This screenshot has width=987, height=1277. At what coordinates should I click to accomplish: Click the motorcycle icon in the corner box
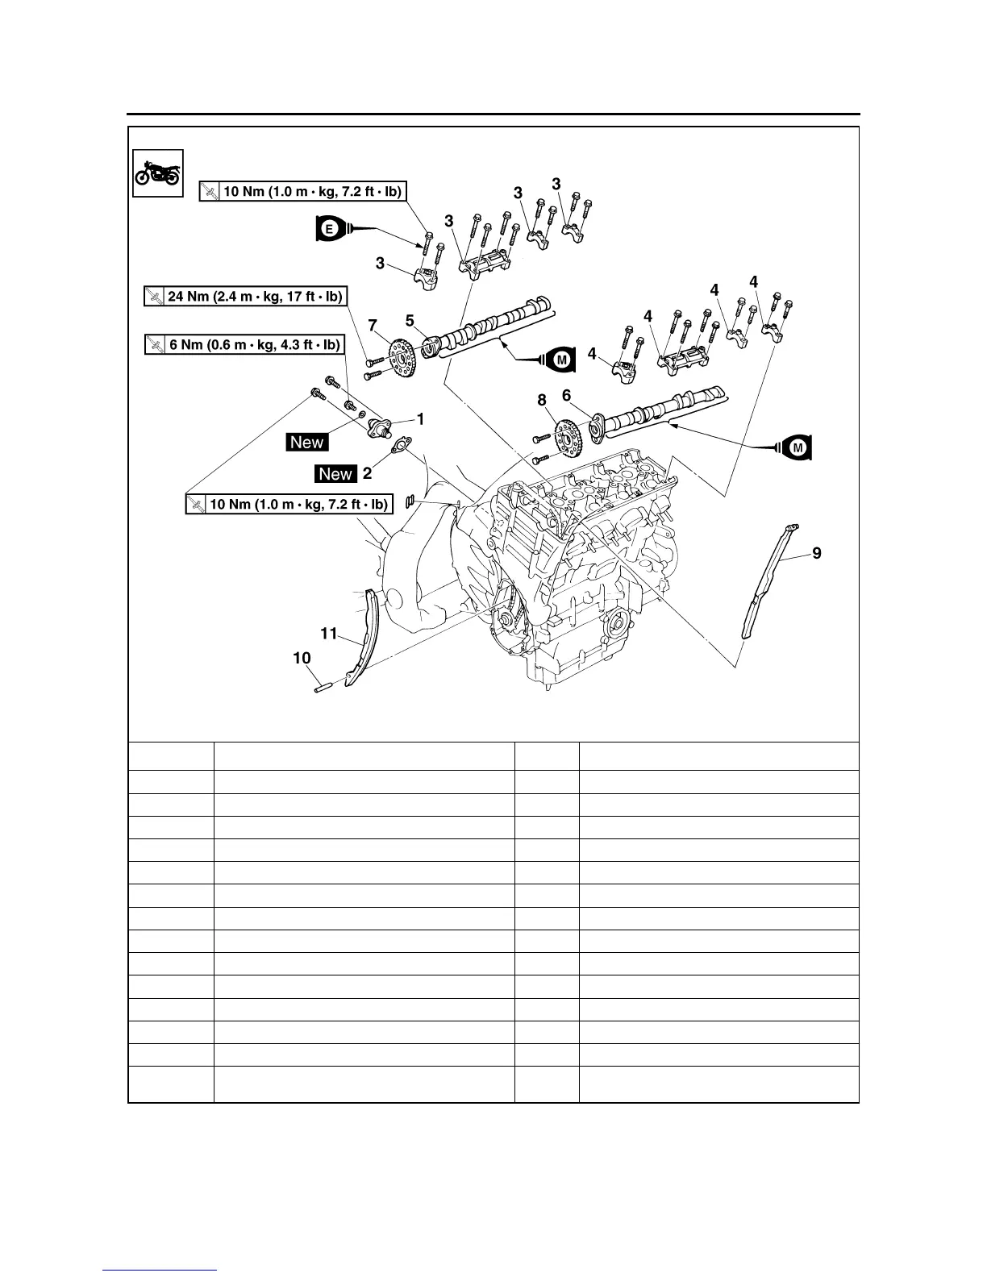158,173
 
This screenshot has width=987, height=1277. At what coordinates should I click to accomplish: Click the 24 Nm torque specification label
246,297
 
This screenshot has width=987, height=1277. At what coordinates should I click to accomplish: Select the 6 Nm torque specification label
244,344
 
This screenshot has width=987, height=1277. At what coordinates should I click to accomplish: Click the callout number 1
420,418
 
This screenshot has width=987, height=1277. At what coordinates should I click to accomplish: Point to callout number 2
367,473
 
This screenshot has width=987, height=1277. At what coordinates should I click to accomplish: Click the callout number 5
410,321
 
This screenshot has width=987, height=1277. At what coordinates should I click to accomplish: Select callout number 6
566,395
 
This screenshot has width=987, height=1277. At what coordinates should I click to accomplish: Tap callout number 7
372,326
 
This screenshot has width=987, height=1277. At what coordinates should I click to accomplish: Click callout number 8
542,399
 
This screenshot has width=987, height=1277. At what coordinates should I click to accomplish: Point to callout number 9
817,553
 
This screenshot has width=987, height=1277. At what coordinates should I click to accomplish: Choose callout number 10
302,659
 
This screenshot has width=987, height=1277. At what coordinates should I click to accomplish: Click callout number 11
328,634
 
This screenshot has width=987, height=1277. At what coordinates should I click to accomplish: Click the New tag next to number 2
335,474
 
